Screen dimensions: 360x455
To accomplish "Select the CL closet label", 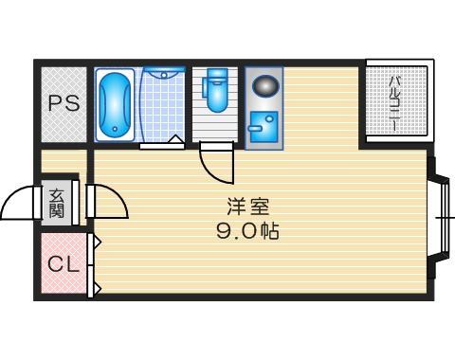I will click(x=63, y=264).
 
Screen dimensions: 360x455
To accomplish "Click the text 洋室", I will click(x=241, y=206).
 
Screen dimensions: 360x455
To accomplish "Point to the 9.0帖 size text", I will click(x=247, y=230).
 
